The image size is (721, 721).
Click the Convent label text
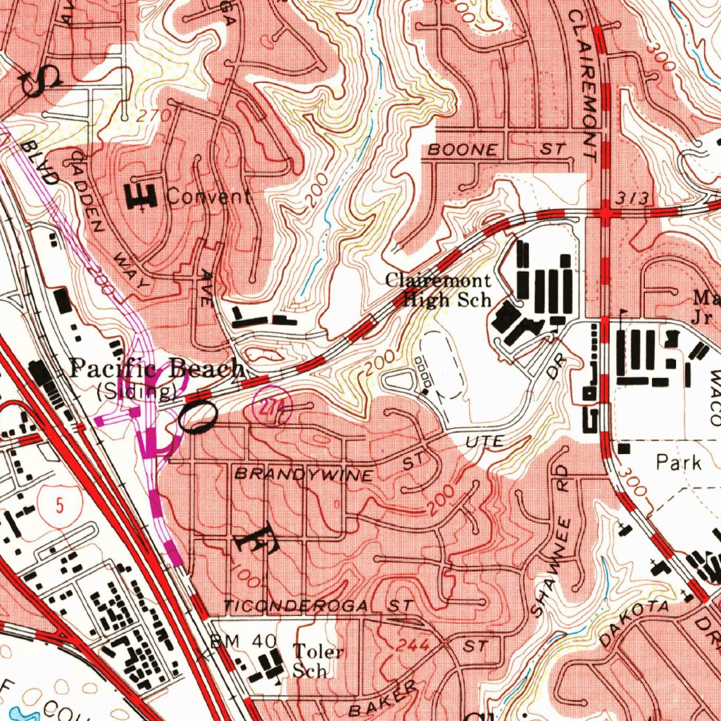pyautogui.click(x=208, y=196)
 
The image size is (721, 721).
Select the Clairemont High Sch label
pyautogui.click(x=437, y=290)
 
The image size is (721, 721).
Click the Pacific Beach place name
pyautogui.click(x=158, y=368)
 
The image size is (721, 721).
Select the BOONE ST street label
pyautogui.click(x=497, y=150)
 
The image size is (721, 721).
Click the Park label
pyautogui.click(x=679, y=463)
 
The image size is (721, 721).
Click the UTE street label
pyautogui.click(x=485, y=442)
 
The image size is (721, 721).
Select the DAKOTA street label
pyautogui.click(x=633, y=623)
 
